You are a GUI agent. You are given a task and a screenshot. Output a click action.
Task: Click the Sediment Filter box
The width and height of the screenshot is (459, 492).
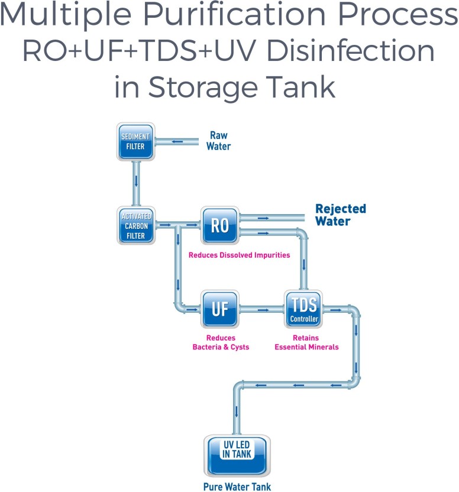[135, 142]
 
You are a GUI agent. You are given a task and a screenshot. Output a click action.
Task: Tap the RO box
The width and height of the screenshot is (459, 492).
[219, 225]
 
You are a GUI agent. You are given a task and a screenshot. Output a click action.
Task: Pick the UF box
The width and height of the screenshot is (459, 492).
[219, 309]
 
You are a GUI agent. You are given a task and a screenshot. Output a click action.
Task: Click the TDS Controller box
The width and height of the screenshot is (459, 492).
[304, 309]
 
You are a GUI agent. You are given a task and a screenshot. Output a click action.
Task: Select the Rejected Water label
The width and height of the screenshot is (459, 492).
[340, 215]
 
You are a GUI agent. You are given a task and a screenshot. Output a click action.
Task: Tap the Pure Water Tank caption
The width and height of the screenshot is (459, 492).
[237, 487]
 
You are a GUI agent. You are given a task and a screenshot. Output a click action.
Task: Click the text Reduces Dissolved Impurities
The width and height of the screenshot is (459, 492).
[239, 255]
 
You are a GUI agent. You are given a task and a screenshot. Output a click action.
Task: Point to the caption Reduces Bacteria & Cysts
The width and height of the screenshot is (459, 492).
[221, 342]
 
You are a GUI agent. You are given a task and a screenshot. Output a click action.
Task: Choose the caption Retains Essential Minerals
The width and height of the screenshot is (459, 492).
[306, 342]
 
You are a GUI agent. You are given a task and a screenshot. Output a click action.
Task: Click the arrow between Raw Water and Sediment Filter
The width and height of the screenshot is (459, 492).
[177, 141]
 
